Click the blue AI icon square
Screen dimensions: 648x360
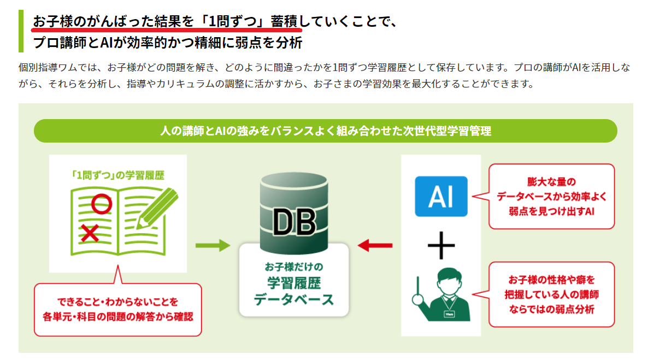[441, 196]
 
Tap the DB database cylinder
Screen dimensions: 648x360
[294, 213]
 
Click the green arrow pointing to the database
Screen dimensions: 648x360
[213, 245]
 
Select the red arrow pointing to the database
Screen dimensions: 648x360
[375, 245]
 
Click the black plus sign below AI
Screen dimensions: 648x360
[441, 245]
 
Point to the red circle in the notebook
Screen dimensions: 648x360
[101, 204]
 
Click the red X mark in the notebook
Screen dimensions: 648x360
[90, 233]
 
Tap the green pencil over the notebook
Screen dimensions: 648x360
[157, 208]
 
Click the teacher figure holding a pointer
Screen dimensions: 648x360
[442, 294]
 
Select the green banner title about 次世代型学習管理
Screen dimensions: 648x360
[326, 131]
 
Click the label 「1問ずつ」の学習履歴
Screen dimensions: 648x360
[118, 175]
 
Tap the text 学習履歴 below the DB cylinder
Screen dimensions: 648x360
[294, 283]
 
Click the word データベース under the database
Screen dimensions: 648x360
[294, 300]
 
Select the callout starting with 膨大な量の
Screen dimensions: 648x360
[551, 197]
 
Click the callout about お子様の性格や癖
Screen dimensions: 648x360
[551, 294]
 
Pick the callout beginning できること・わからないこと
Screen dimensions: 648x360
[118, 309]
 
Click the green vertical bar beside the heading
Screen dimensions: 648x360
[21, 32]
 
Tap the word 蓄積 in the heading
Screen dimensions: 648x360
[284, 21]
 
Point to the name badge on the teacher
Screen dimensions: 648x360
[449, 314]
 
